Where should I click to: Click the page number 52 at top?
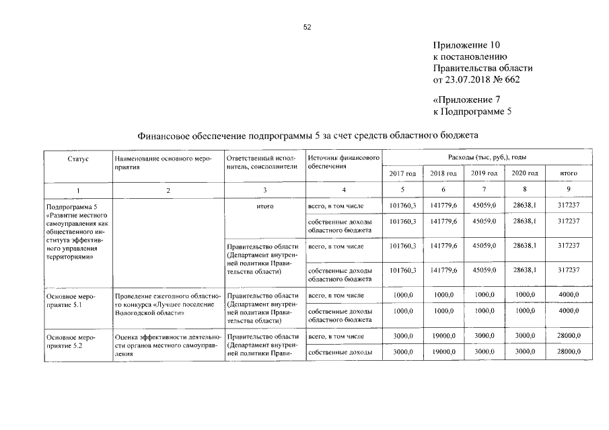pos(308,28)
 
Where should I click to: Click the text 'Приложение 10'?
pos(466,46)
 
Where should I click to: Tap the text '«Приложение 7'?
pos(466,100)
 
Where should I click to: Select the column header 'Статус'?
pos(78,158)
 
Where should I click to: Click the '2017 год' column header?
pos(402,173)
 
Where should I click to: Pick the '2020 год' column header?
pos(524,173)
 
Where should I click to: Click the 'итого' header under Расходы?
pos(569,173)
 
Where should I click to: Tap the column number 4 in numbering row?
pos(343,191)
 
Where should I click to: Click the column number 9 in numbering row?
pos(569,191)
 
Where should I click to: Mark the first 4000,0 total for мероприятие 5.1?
pos(569,295)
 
